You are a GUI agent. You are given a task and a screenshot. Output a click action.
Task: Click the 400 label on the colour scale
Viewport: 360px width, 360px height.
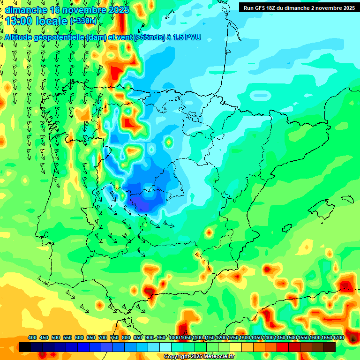[x=32, y=338]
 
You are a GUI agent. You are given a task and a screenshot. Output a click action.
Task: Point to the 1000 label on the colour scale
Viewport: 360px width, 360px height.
[x=174, y=338]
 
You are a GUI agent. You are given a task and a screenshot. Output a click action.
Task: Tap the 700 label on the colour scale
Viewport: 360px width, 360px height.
[x=103, y=338]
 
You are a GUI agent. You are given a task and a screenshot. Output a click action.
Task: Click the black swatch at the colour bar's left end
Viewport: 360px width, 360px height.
[x=25, y=347]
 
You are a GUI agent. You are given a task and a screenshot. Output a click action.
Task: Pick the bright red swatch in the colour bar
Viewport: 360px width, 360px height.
[x=283, y=347]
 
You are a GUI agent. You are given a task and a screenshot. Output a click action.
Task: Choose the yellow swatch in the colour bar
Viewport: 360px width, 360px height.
[x=236, y=347]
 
